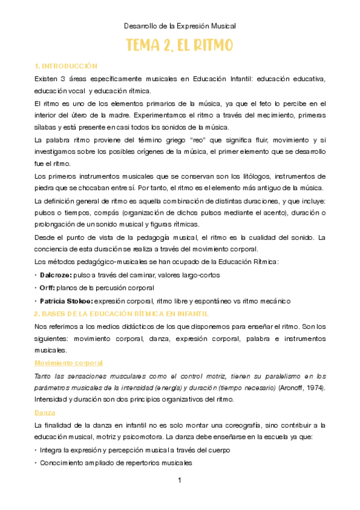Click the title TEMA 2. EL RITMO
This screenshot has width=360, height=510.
180,46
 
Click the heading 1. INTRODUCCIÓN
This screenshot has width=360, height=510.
66,66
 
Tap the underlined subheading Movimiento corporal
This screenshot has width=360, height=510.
69,363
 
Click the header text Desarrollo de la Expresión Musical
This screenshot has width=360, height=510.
180,26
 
